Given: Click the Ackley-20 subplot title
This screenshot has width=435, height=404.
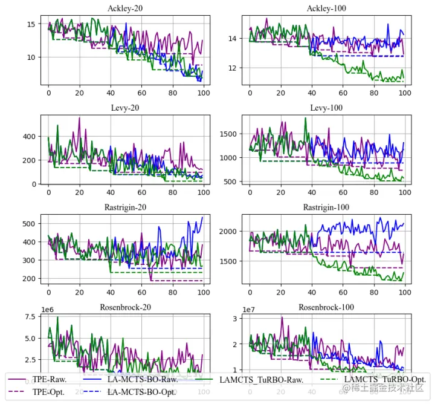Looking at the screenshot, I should click(x=126, y=8).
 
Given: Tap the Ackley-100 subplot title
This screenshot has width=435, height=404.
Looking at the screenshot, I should click(x=327, y=8).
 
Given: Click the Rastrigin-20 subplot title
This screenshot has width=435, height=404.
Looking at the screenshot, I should click(x=126, y=207).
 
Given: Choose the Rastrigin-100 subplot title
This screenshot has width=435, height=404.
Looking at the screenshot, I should click(x=327, y=207).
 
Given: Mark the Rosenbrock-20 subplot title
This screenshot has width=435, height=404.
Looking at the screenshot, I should click(x=126, y=307).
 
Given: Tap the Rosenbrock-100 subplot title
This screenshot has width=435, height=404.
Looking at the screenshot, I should click(x=327, y=307).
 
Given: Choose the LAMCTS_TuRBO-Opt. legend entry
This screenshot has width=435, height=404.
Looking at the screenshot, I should click(x=385, y=380).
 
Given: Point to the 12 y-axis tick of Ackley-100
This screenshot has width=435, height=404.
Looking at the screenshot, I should click(x=234, y=68).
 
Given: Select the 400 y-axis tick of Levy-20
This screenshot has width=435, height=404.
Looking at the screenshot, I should click(x=30, y=137).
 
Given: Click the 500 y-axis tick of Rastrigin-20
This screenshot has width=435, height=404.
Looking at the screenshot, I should click(x=30, y=224).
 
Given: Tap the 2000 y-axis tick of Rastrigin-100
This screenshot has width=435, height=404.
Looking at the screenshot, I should click(x=230, y=232).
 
